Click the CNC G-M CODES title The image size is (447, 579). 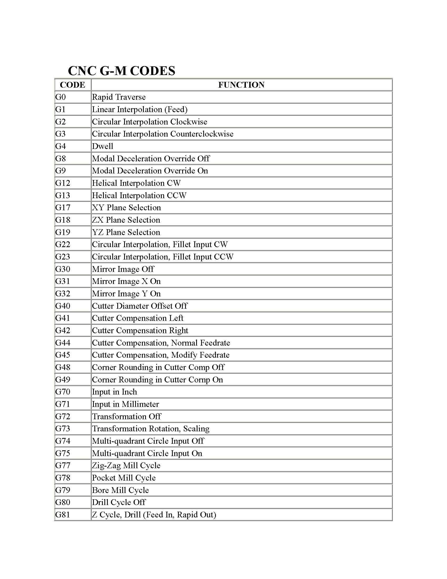coord(121,71)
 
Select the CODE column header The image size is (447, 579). coord(73,85)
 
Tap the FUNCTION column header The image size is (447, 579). coord(241,85)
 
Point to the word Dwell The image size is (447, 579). coord(103,146)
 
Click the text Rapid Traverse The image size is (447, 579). coord(119,97)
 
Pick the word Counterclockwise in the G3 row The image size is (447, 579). coord(202,134)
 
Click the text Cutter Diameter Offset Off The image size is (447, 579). coord(140,306)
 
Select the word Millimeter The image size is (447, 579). coord(140,404)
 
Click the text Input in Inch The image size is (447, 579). coord(114,392)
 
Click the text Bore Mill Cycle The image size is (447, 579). coord(120,490)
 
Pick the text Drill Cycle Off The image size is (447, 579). coord(119,502)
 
